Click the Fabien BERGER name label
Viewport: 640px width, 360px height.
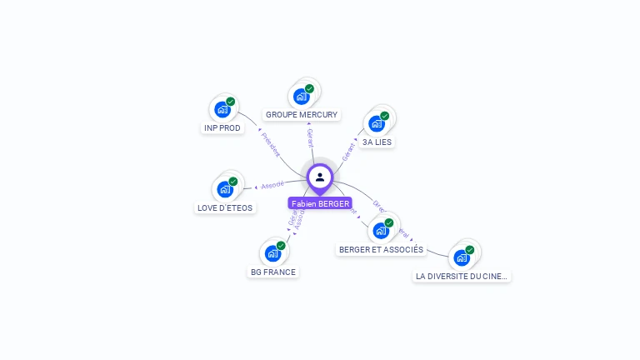[x=320, y=203]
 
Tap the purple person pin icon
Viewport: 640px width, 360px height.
[x=320, y=177]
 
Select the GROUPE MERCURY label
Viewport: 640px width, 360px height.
[x=302, y=114]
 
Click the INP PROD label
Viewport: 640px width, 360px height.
[x=222, y=128]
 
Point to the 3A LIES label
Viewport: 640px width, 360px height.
[x=377, y=142]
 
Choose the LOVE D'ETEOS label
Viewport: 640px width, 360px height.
[x=225, y=207]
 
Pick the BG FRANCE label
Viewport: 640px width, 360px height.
[x=273, y=272]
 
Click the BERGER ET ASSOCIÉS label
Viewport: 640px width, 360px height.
[x=381, y=249]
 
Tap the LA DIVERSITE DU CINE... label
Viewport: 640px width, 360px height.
[x=462, y=276]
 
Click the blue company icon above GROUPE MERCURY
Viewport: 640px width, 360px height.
[x=302, y=96]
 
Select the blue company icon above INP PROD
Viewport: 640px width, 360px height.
[x=222, y=109]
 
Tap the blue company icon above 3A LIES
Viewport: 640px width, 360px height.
[x=377, y=123]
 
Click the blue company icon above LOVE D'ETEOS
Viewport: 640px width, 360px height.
[x=225, y=189]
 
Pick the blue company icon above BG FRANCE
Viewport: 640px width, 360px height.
[x=272, y=252]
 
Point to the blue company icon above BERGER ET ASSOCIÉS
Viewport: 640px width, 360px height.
[x=381, y=230]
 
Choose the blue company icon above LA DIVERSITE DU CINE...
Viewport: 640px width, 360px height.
[x=462, y=257]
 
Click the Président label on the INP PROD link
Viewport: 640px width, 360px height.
[x=271, y=143]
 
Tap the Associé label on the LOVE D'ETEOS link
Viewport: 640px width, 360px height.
[x=272, y=185]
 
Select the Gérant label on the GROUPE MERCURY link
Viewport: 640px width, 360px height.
[x=310, y=137]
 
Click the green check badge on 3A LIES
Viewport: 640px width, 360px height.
[x=384, y=116]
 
